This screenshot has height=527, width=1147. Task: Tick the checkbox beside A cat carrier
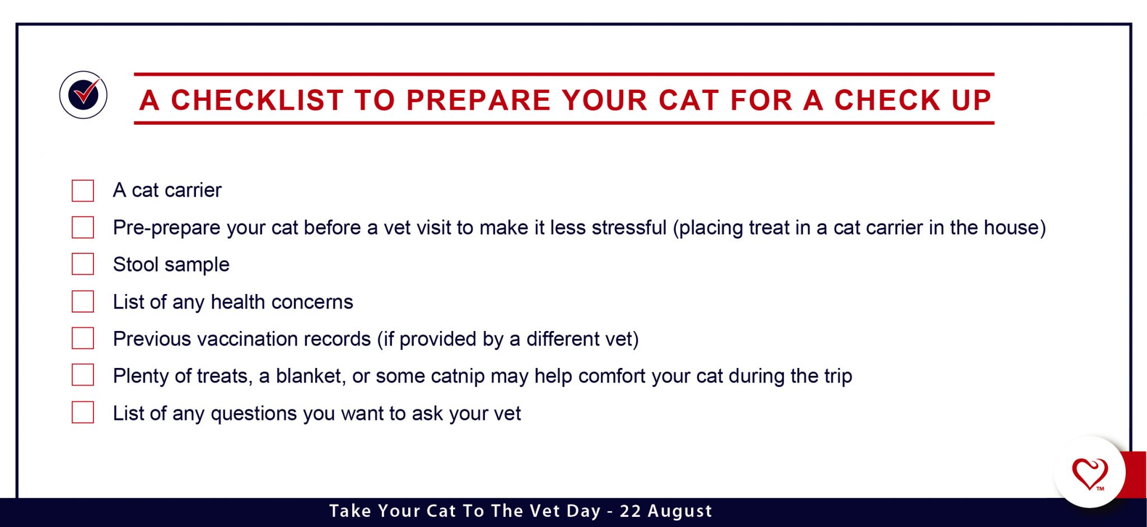pos(83,190)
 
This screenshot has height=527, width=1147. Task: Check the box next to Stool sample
pos(83,264)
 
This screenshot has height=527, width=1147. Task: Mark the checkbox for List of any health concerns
pos(83,301)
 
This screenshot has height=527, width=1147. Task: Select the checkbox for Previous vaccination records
pos(83,338)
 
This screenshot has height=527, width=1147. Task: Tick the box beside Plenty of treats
pos(83,375)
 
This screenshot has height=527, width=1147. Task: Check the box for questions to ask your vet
pos(83,412)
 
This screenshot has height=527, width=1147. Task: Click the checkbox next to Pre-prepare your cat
pos(83,227)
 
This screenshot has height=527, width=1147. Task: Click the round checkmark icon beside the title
pos(83,95)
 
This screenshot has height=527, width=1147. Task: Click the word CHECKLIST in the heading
pos(257,101)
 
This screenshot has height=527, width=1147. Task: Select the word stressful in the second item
pos(629,228)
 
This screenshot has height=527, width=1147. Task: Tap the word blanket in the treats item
pos(310,376)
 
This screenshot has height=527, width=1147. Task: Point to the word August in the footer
pos(680,511)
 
